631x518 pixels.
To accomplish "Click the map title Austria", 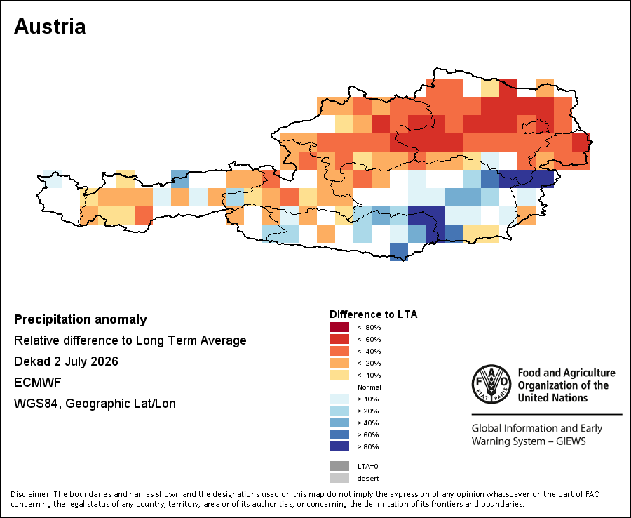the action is pyautogui.click(x=50, y=27).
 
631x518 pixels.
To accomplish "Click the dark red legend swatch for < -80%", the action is pyautogui.click(x=339, y=327).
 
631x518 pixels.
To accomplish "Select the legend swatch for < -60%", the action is pyautogui.click(x=339, y=339).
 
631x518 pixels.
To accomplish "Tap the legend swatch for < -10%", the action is pyautogui.click(x=339, y=375).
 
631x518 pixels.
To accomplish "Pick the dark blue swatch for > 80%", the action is pyautogui.click(x=339, y=446).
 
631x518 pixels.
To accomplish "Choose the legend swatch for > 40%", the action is pyautogui.click(x=339, y=423).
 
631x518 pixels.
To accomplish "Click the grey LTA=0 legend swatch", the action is pyautogui.click(x=339, y=466).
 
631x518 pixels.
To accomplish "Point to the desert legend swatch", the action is pyautogui.click(x=339, y=478).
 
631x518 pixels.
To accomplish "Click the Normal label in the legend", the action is pyautogui.click(x=369, y=387).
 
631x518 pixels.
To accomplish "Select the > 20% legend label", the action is pyautogui.click(x=368, y=411).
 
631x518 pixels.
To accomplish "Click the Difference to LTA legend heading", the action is pyautogui.click(x=373, y=314).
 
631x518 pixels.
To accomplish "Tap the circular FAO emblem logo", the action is pyautogui.click(x=491, y=384).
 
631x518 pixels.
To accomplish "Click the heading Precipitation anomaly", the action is pyautogui.click(x=81, y=319).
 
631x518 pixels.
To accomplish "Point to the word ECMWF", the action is pyautogui.click(x=37, y=383).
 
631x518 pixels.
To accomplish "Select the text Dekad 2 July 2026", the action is pyautogui.click(x=66, y=361).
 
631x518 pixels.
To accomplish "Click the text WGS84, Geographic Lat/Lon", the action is pyautogui.click(x=95, y=404).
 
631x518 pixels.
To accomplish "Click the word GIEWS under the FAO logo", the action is pyautogui.click(x=571, y=441).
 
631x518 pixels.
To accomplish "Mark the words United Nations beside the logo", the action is pyautogui.click(x=552, y=398).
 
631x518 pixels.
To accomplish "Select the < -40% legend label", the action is pyautogui.click(x=369, y=351).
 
